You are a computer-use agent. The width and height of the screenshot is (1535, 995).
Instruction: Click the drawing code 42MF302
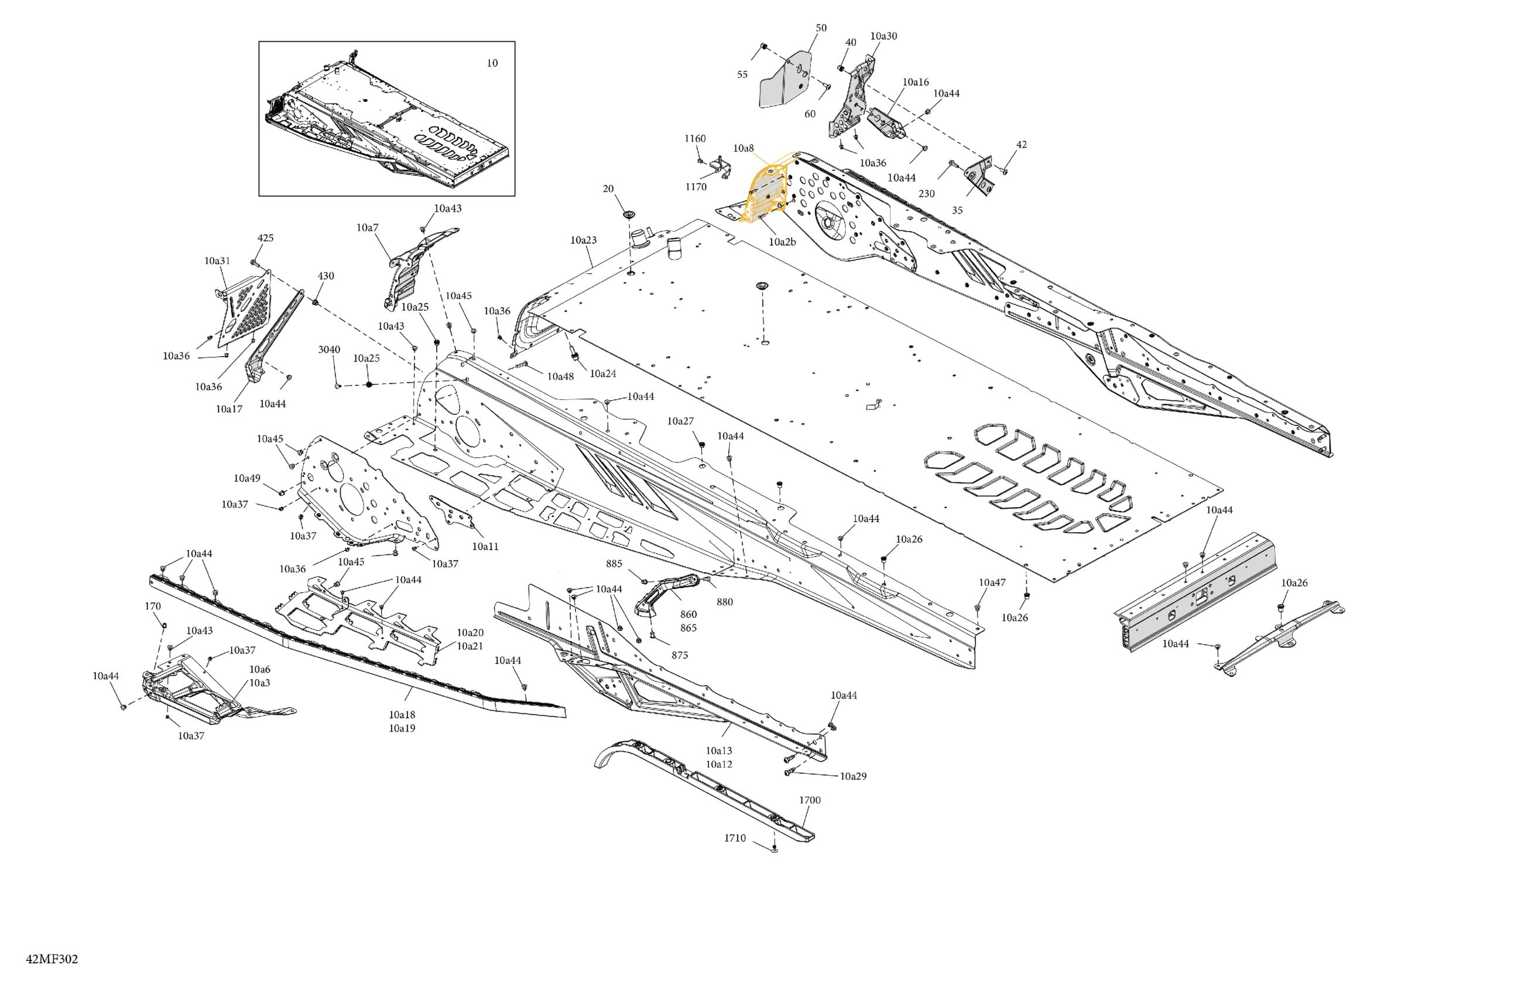52,959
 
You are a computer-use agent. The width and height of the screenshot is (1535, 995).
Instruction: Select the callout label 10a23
583,240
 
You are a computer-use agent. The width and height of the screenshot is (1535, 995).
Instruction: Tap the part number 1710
735,838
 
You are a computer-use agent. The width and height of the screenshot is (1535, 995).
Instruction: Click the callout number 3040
329,349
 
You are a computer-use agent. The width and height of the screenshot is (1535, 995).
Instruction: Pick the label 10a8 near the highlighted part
743,148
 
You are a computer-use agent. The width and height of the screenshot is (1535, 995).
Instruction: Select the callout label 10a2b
782,242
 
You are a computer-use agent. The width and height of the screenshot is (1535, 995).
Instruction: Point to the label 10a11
485,546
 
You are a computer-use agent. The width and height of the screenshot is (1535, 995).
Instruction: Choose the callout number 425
265,238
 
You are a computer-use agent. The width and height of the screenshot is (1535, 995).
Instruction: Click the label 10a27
680,421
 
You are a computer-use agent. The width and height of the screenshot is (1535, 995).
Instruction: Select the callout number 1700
810,800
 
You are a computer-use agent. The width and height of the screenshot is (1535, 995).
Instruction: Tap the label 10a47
992,582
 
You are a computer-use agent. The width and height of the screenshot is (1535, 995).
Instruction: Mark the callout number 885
614,564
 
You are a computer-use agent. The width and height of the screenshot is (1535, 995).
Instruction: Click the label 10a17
229,409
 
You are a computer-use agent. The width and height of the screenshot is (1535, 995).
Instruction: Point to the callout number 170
153,606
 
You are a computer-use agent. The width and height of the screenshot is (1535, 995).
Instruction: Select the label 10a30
883,36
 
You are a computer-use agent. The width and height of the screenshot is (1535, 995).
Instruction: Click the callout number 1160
695,139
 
